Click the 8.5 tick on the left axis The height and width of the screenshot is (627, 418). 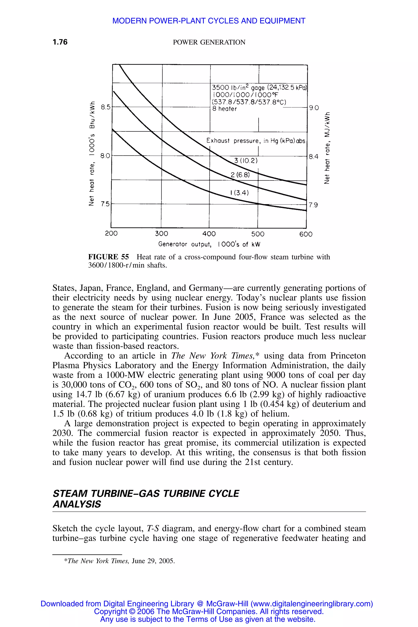[105, 107]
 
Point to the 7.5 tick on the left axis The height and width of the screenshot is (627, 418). [105, 204]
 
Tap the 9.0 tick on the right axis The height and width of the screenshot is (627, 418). [314, 108]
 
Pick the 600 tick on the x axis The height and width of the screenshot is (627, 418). [306, 234]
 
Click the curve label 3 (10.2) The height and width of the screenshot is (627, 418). [246, 161]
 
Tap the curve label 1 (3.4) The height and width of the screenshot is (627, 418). [239, 193]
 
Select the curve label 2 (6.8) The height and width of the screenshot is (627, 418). [240, 175]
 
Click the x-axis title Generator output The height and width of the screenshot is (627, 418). [209, 244]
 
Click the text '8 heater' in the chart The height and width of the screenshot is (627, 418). [225, 109]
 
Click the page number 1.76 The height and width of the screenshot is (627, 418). [60, 42]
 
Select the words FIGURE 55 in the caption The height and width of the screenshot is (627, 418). [109, 257]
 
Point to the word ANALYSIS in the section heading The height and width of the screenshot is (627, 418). [77, 504]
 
